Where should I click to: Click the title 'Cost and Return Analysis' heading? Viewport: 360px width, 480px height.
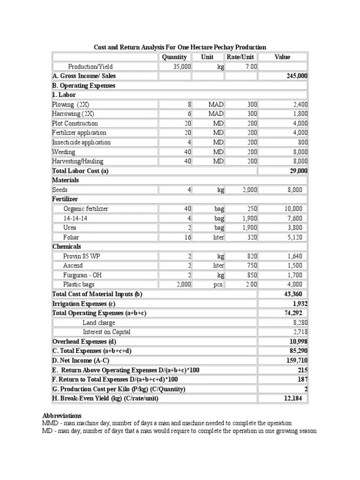(180, 47)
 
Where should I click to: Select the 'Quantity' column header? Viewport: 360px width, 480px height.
(174, 57)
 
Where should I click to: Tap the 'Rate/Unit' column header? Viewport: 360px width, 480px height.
(240, 57)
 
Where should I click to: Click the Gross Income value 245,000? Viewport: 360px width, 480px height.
(297, 76)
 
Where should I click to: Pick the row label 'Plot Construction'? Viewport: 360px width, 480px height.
(75, 123)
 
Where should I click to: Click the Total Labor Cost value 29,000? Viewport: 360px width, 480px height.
(299, 171)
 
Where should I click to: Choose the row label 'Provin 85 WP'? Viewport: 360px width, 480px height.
(81, 256)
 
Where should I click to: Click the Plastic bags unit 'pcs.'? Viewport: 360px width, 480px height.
(218, 285)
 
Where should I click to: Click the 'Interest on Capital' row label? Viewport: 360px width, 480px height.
(106, 332)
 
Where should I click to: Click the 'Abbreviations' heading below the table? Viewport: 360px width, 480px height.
(62, 416)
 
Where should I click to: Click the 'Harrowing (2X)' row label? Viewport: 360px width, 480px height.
(73, 114)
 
